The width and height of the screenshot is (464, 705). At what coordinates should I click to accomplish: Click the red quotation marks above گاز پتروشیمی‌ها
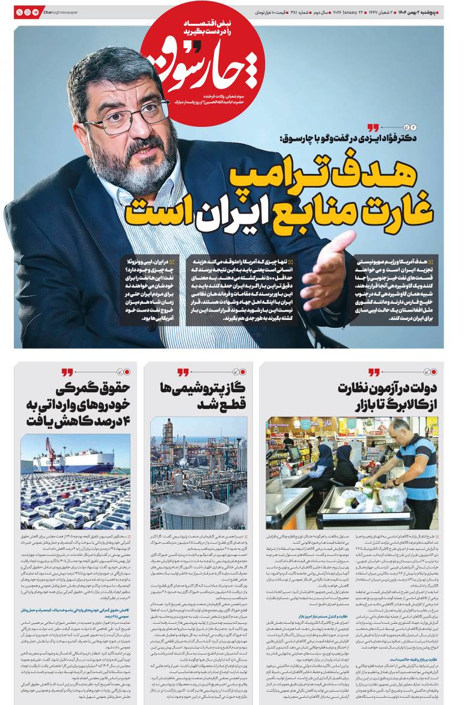click(x=183, y=372)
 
